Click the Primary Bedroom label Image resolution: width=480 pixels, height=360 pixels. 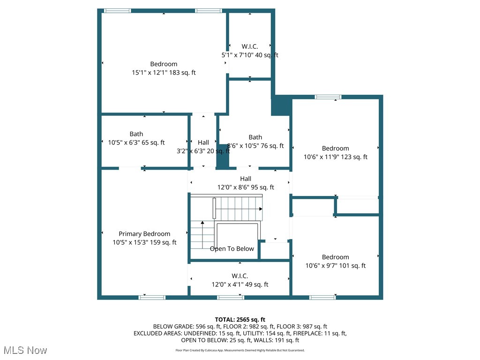click(144, 234)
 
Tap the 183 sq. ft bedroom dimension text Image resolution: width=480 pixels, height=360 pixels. click(164, 73)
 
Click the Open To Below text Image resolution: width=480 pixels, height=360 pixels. click(232, 249)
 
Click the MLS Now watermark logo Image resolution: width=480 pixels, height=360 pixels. click(25, 350)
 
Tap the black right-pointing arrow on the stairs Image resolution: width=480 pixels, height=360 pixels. click(260, 209)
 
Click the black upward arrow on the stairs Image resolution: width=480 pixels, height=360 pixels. click(202, 223)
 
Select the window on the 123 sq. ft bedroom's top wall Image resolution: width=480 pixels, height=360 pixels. click(328, 97)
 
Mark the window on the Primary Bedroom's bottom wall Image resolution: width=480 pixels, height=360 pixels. click(152, 297)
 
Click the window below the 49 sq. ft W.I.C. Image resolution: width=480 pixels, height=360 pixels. click(231, 297)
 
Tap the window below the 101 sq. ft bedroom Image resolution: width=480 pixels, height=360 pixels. click(322, 297)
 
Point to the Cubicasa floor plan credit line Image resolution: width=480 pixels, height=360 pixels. click(240, 350)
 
